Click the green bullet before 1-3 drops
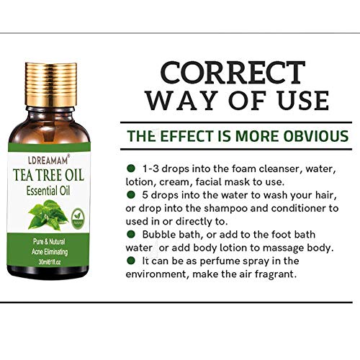[x=130, y=168]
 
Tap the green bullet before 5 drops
[x=130, y=195]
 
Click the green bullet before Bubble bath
[x=130, y=235]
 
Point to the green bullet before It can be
[x=130, y=261]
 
